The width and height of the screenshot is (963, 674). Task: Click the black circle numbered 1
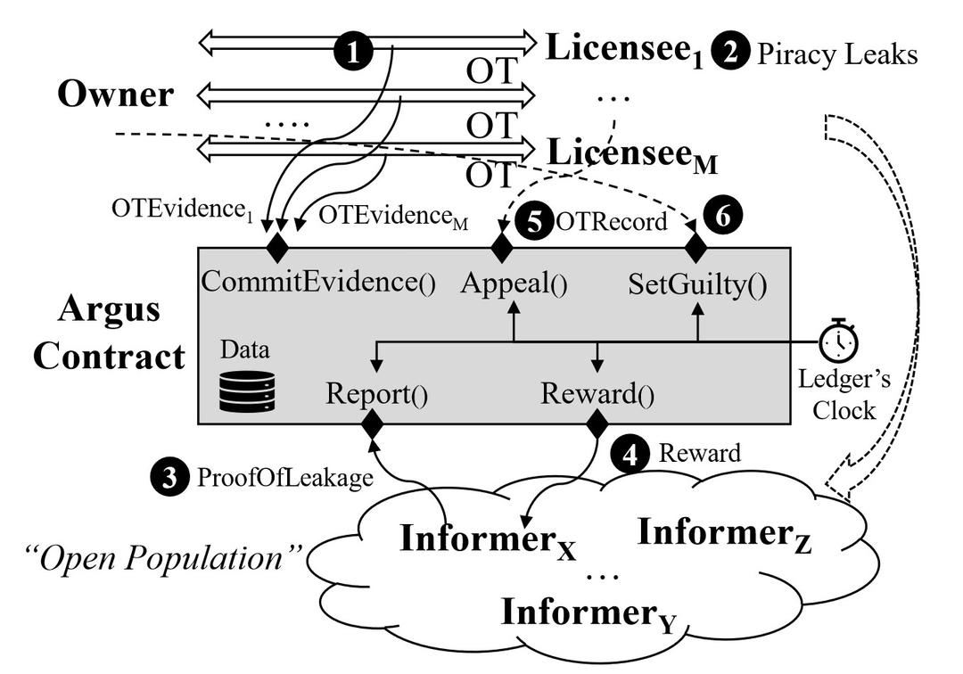point(355,53)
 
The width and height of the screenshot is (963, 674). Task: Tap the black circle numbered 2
point(730,53)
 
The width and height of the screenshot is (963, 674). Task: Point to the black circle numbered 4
point(630,455)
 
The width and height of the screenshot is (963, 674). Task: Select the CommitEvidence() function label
point(318,284)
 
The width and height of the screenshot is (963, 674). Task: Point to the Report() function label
point(376,393)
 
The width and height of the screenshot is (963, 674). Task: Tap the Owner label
point(115,95)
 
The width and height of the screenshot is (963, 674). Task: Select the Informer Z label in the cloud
point(724,534)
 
